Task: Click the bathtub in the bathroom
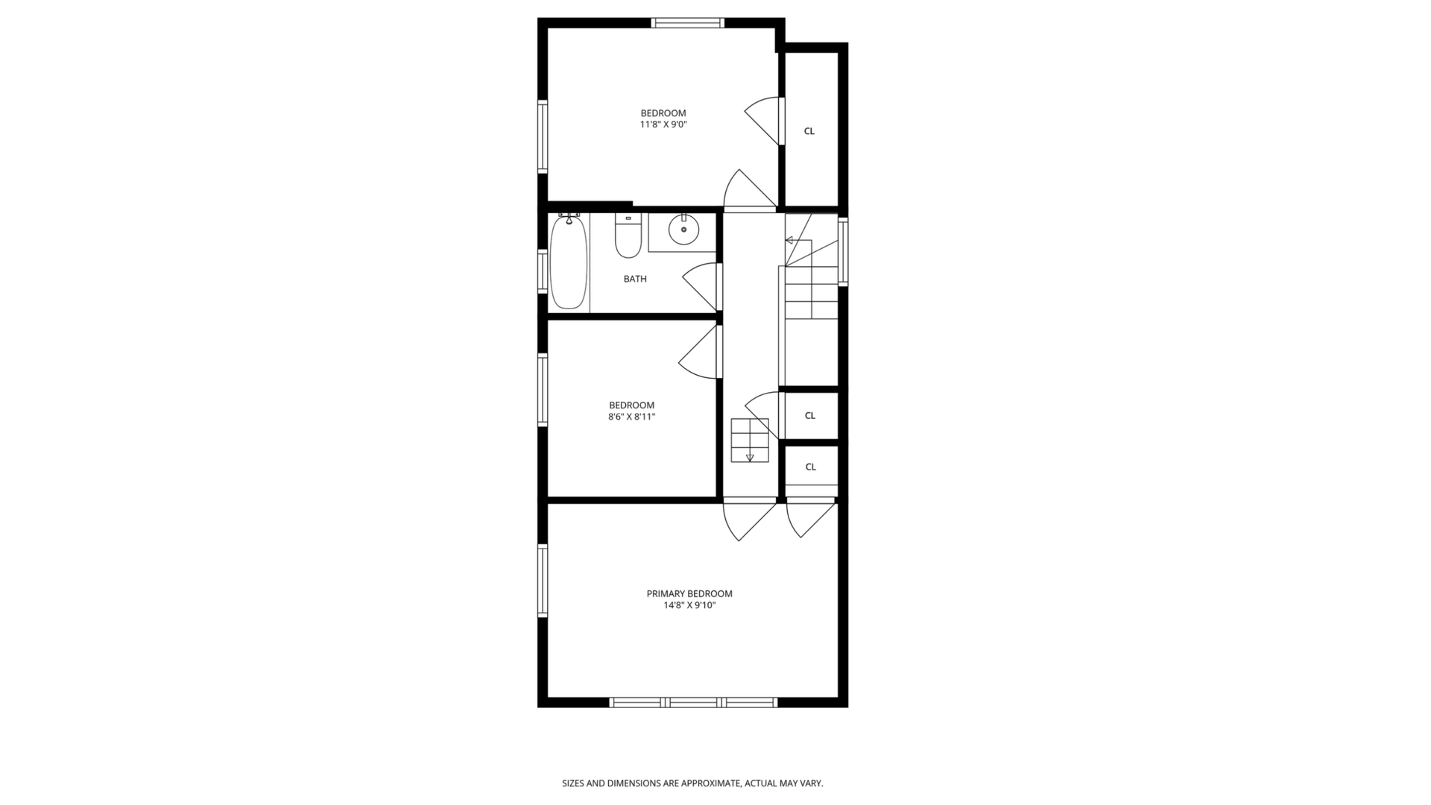coord(569,262)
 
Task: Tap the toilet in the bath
coord(628,236)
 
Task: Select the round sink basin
coord(683,230)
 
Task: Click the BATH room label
coord(635,279)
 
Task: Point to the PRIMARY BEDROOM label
coord(689,594)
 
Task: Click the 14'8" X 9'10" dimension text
coord(689,606)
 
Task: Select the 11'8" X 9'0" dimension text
coord(663,125)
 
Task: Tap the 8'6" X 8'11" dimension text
coord(631,417)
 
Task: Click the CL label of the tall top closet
coord(809,131)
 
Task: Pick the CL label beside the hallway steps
coord(810,416)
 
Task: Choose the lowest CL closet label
coord(811,467)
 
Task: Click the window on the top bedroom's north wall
coord(687,23)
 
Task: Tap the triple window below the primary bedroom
coord(693,702)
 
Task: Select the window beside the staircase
coord(843,251)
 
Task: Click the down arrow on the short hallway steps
coord(750,457)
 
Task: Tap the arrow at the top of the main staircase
coord(789,240)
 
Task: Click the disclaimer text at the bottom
coord(692,783)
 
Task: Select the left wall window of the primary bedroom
coord(543,581)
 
